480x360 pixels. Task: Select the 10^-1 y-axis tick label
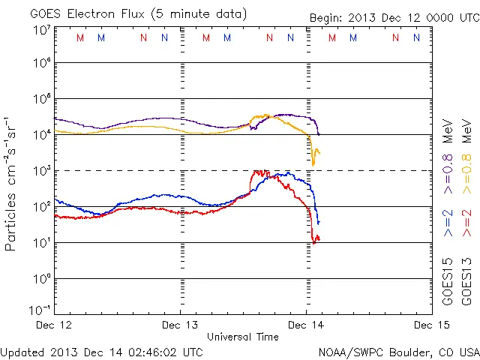[x=41, y=310]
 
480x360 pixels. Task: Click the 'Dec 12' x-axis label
[x=55, y=325]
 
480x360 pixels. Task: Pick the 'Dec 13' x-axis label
[x=181, y=325]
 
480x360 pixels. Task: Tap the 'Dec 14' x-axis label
[x=306, y=325]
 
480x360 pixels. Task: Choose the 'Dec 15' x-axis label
[x=430, y=325]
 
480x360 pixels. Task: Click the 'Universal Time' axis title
[x=242, y=337]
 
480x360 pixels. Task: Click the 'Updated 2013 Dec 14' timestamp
[x=102, y=351]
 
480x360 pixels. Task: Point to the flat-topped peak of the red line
[x=260, y=172]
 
